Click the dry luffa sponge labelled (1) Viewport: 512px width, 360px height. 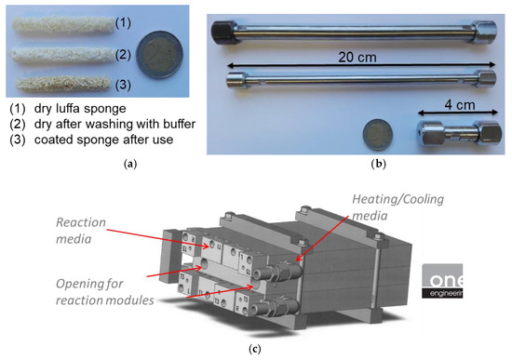click(x=63, y=24)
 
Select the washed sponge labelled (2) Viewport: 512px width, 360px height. click(x=62, y=55)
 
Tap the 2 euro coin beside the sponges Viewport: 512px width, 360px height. click(x=160, y=55)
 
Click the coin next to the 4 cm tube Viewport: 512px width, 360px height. click(x=378, y=135)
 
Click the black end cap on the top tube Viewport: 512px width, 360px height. click(x=223, y=32)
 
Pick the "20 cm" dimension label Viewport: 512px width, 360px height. click(x=357, y=58)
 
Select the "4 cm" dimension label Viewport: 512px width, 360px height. click(x=460, y=105)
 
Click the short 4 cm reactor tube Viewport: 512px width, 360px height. click(x=458, y=133)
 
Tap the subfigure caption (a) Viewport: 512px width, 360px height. click(x=130, y=164)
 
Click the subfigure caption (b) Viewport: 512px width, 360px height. click(x=379, y=164)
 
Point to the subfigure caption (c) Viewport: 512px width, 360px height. click(x=255, y=349)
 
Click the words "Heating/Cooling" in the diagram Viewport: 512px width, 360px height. click(x=398, y=199)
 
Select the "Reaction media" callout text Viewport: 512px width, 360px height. click(x=81, y=231)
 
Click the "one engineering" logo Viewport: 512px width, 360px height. click(x=442, y=281)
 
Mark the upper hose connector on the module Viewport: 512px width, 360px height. click(x=277, y=272)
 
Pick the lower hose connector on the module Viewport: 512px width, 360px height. click(x=276, y=306)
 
